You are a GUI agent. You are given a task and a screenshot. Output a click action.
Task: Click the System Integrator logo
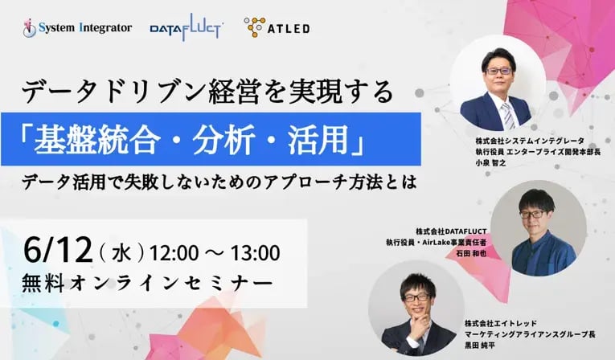(77, 28)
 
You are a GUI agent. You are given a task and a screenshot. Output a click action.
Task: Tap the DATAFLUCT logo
(187, 27)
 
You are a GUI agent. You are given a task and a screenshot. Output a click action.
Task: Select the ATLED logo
(277, 27)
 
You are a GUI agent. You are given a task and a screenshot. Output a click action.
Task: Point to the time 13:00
(255, 253)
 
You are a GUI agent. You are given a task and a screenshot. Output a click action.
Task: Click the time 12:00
(174, 253)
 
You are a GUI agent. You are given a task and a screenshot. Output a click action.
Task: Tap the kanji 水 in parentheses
(121, 253)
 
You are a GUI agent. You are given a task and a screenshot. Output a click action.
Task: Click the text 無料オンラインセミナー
(147, 283)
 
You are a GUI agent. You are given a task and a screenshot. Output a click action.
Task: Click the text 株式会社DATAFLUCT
(451, 231)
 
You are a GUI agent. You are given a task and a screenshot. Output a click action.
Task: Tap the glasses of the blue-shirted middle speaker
(531, 214)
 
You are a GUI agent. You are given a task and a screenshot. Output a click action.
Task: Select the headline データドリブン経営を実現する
(207, 92)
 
